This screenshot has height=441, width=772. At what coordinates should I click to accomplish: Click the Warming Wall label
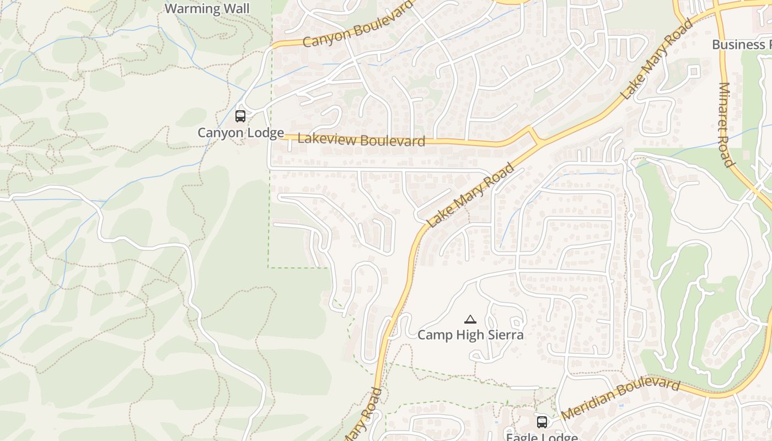point(207,9)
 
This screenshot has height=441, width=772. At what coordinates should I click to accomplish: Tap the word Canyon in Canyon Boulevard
point(326,36)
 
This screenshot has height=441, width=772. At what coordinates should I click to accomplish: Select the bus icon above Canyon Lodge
point(240,116)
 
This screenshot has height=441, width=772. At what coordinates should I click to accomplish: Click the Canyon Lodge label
point(241,133)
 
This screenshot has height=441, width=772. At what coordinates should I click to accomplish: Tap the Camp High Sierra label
point(470,335)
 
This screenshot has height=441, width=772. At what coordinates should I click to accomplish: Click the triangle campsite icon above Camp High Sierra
point(470,320)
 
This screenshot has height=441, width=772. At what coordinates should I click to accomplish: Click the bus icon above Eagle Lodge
point(542,422)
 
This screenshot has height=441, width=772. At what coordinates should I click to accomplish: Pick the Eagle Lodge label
point(542,437)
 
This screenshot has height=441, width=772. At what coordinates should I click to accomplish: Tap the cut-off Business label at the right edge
point(742,45)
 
